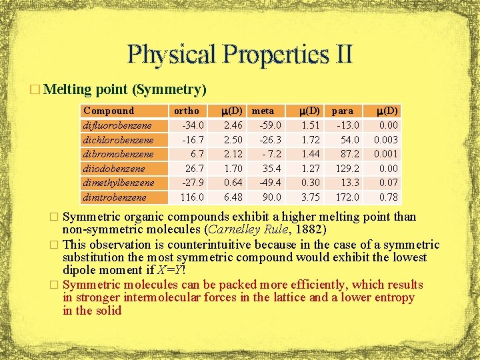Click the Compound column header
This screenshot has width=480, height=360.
click(x=108, y=111)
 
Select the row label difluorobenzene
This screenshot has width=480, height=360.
click(x=117, y=125)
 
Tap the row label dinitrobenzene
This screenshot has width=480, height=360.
click(x=115, y=197)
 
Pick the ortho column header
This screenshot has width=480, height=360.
click(x=186, y=111)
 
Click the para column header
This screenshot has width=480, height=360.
click(x=343, y=111)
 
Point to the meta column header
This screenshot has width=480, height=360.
click(x=263, y=111)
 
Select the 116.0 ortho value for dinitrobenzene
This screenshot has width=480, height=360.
click(x=191, y=197)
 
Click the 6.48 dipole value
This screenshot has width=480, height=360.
click(x=233, y=197)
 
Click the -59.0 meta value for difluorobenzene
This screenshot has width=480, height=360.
click(x=270, y=125)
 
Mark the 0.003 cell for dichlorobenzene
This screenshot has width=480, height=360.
click(x=385, y=140)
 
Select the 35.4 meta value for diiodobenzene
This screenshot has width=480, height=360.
click(x=271, y=169)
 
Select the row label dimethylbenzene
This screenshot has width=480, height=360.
click(x=117, y=183)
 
